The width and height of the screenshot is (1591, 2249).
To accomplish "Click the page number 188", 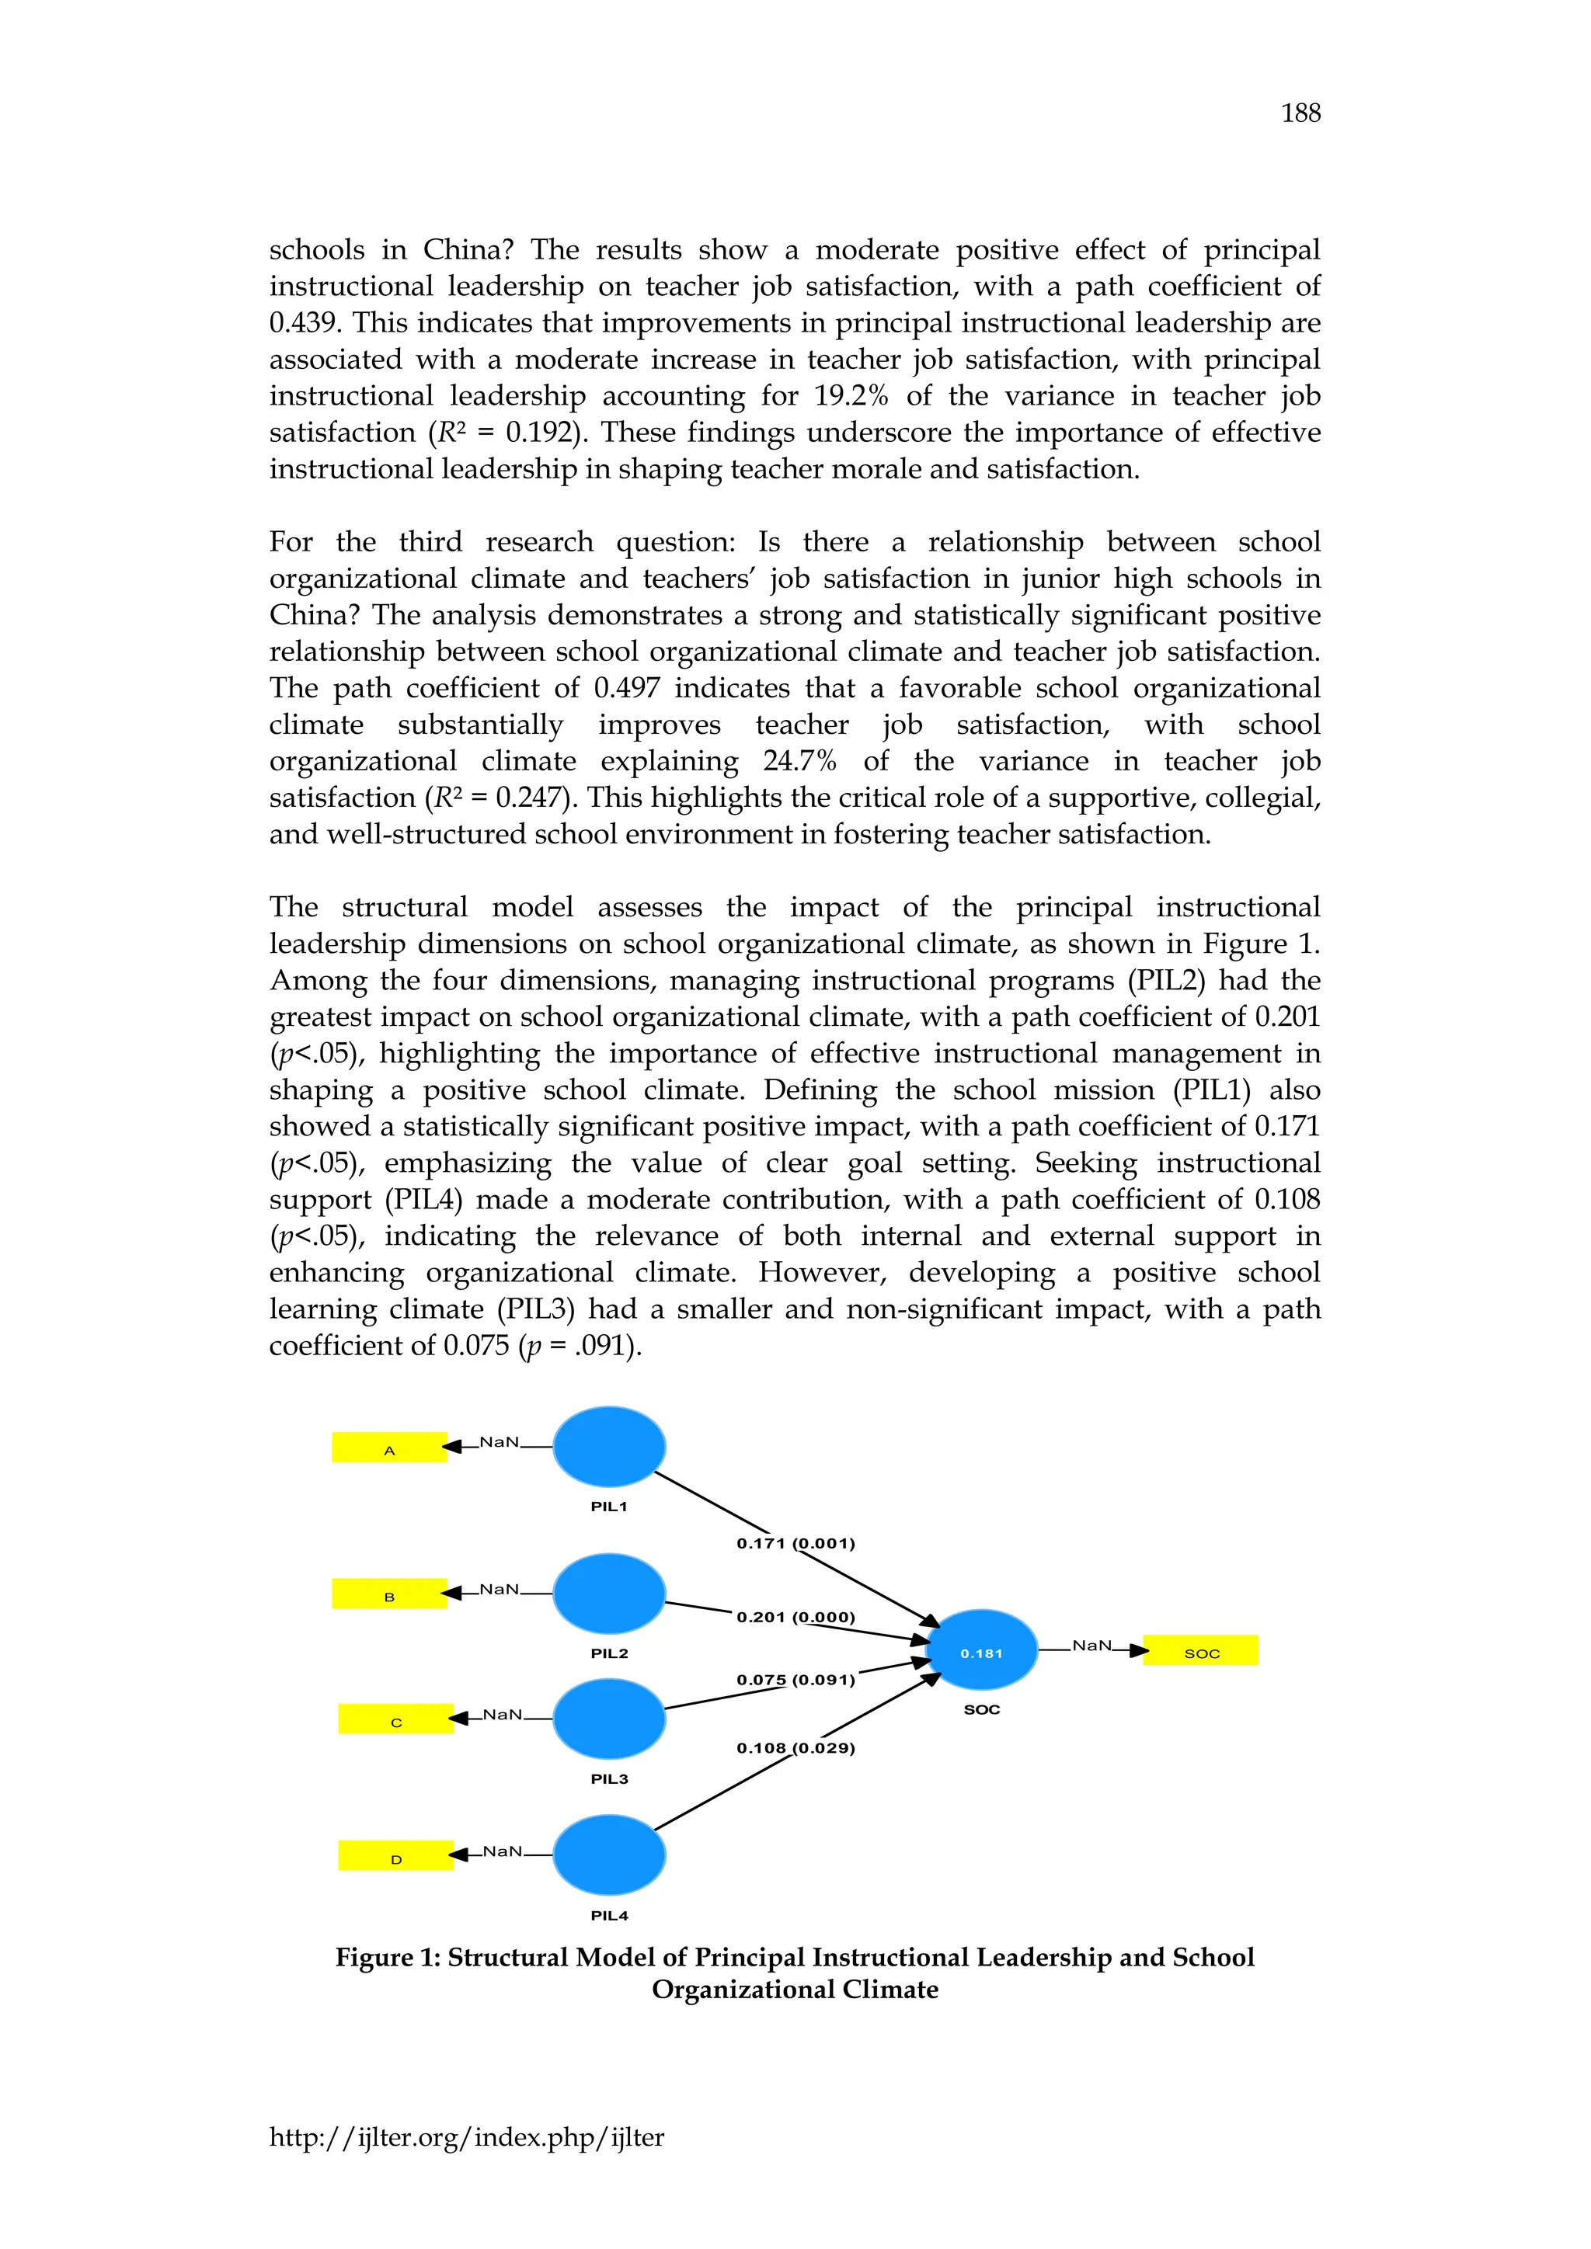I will [1300, 113].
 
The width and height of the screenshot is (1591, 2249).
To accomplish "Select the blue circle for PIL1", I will [608, 1446].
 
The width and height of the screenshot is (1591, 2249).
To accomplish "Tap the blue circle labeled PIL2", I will [608, 1593].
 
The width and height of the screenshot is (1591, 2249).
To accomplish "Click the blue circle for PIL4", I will [608, 1855].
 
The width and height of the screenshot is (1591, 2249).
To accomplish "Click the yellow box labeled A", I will [389, 1448].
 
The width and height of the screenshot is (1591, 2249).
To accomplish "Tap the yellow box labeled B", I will [389, 1594].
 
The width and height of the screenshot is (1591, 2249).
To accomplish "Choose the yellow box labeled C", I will [395, 1719].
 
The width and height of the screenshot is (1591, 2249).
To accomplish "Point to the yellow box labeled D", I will [395, 1856].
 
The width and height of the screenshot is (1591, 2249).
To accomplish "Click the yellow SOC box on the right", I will [1200, 1650].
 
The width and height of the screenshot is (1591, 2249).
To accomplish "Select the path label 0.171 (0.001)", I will [795, 1544].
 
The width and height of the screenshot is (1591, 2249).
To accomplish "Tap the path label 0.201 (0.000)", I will [795, 1617].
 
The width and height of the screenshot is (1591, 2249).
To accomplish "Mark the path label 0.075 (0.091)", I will [795, 1680].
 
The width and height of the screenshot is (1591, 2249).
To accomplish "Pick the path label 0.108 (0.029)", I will [795, 1748].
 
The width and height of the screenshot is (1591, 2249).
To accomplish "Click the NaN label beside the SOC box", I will [1091, 1646].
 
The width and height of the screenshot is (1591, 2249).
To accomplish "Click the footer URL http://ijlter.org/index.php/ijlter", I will [466, 2137].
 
